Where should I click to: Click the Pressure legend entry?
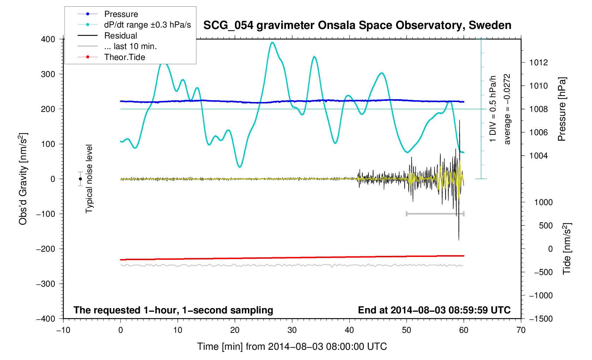pyautogui.click(x=121, y=14)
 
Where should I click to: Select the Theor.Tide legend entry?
pyautogui.click(x=124, y=57)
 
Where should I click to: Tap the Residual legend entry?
pyautogui.click(x=120, y=36)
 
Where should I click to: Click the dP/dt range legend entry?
pyautogui.click(x=147, y=25)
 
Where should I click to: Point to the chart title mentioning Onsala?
pyautogui.click(x=357, y=25)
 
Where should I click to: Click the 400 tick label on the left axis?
pyautogui.click(x=48, y=39)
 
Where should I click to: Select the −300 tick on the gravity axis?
pyautogui.click(x=46, y=284)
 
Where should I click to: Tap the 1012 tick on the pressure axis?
pyautogui.click(x=538, y=62)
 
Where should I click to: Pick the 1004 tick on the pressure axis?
pyautogui.click(x=538, y=156)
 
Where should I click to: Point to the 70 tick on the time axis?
pyautogui.click(x=521, y=330)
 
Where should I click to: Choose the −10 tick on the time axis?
pyautogui.click(x=63, y=330)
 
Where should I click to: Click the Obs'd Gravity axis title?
pyautogui.click(x=23, y=179)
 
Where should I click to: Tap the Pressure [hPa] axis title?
pyautogui.click(x=562, y=109)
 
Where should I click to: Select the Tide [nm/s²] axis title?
pyautogui.click(x=567, y=249)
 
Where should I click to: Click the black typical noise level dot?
pyautogui.click(x=81, y=179)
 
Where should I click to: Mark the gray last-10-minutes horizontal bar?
pyautogui.click(x=435, y=214)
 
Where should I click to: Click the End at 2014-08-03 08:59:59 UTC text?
pyautogui.click(x=434, y=310)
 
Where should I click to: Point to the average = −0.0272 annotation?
pyautogui.click(x=507, y=109)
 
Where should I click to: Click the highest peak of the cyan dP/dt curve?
pyautogui.click(x=272, y=42)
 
